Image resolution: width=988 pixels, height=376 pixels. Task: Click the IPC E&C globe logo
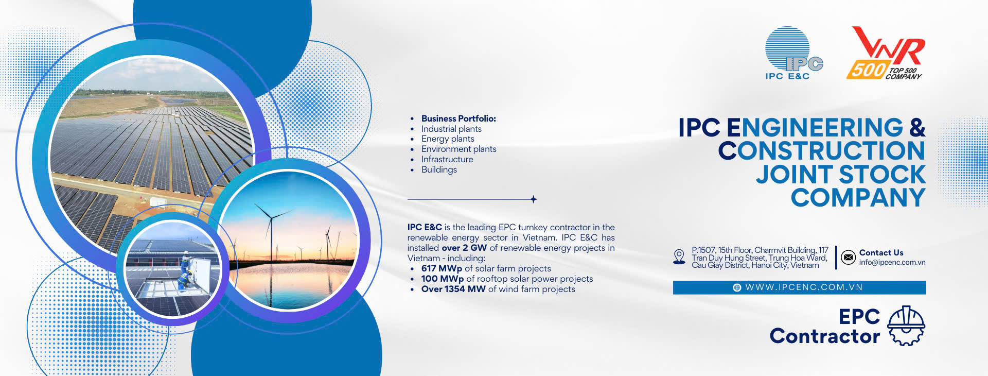pyautogui.click(x=793, y=53)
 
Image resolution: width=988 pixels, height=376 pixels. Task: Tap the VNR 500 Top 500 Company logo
pyautogui.click(x=886, y=53)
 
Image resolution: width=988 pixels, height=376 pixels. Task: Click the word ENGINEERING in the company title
pyautogui.click(x=815, y=128)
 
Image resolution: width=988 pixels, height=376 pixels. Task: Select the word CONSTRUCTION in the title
pyautogui.click(x=822, y=151)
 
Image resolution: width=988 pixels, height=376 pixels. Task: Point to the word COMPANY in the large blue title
pyautogui.click(x=858, y=198)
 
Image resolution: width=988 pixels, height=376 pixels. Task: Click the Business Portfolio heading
pyautogui.click(x=458, y=118)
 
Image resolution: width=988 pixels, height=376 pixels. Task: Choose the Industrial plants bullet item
pyautogui.click(x=451, y=129)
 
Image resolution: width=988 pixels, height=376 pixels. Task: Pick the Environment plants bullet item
pyautogui.click(x=458, y=149)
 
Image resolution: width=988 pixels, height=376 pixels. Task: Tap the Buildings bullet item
pyautogui.click(x=439, y=169)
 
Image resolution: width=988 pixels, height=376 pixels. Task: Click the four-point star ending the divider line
pyautogui.click(x=534, y=199)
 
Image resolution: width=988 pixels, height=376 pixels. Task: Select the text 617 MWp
pyautogui.click(x=442, y=268)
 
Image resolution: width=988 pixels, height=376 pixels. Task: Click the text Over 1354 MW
pyautogui.click(x=453, y=289)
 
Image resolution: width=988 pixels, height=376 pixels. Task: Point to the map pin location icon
pyautogui.click(x=679, y=257)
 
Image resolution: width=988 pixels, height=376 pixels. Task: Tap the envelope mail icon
pyautogui.click(x=848, y=257)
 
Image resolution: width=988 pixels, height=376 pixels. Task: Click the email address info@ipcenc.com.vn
pyautogui.click(x=892, y=262)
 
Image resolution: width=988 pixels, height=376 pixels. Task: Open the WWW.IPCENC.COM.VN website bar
pyautogui.click(x=799, y=287)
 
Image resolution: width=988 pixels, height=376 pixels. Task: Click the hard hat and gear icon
pyautogui.click(x=906, y=326)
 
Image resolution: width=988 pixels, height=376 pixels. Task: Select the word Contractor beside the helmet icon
pyautogui.click(x=825, y=336)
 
